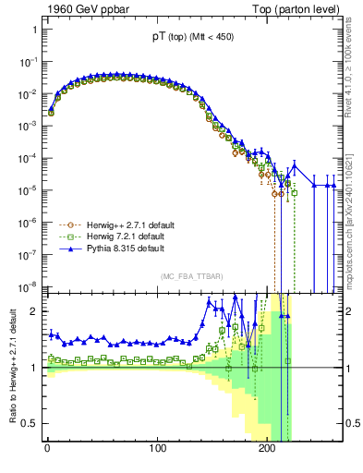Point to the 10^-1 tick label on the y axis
point(27,62)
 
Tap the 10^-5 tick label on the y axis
point(27,190)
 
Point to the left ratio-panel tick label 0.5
point(30,424)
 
